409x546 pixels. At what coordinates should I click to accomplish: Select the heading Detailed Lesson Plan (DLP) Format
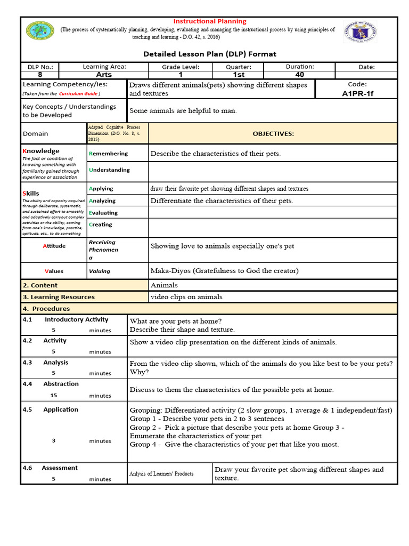click(x=209, y=54)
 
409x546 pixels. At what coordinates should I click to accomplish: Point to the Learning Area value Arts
click(x=104, y=75)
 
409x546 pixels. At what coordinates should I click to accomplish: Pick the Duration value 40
click(x=299, y=75)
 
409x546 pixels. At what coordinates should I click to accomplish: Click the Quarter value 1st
click(x=239, y=75)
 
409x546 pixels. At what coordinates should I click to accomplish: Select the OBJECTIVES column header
click(x=273, y=134)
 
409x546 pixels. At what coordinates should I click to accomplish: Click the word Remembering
click(x=109, y=154)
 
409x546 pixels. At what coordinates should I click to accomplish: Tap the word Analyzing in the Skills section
click(x=102, y=200)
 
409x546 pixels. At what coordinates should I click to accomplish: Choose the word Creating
click(x=101, y=224)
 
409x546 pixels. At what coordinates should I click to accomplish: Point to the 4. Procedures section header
click(x=46, y=309)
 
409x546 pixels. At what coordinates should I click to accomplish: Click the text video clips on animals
click(x=186, y=297)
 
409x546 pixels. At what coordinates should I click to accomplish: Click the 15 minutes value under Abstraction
click(x=53, y=396)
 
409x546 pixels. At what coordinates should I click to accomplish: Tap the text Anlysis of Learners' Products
click(x=161, y=473)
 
